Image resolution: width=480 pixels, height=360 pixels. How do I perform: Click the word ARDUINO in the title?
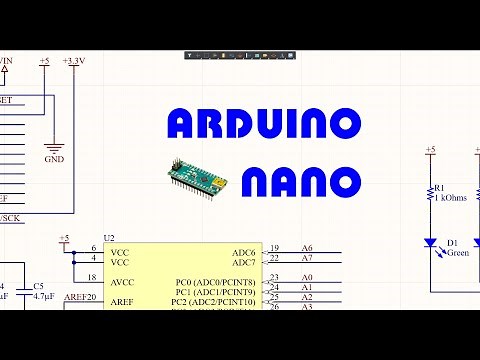tap(263, 124)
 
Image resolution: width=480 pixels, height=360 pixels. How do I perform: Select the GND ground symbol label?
tap(54, 159)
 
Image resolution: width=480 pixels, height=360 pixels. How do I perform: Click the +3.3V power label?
tap(73, 62)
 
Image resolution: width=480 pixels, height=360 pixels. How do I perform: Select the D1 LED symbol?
tap(430, 243)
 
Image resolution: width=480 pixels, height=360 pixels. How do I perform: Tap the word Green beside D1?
tap(457, 253)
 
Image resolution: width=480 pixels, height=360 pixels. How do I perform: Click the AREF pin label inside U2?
tap(122, 301)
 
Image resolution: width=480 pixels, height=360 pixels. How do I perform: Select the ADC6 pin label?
tap(243, 251)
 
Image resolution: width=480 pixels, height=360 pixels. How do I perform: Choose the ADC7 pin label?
tap(243, 262)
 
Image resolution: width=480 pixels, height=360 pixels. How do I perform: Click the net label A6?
tap(306, 248)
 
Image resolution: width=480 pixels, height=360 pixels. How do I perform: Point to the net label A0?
tap(306, 277)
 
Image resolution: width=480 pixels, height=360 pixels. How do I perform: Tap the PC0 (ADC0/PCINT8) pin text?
tap(214, 281)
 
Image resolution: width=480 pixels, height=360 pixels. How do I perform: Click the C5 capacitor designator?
tap(38, 286)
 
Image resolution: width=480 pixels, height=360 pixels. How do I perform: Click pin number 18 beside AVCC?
tap(92, 278)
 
